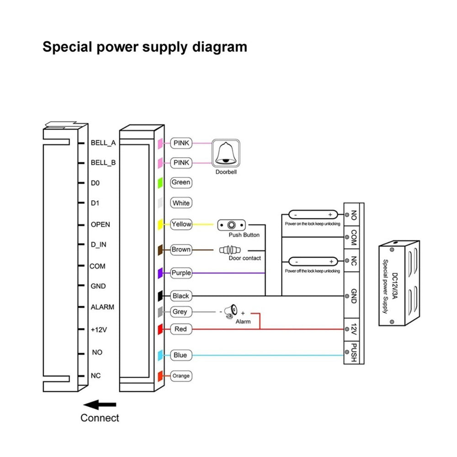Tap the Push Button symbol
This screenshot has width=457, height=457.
(232, 225)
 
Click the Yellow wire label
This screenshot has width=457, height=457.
(181, 224)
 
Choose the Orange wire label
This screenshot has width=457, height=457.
(181, 376)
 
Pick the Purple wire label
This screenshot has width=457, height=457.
(181, 273)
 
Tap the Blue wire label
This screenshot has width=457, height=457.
(180, 355)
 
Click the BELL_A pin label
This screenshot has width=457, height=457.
(103, 143)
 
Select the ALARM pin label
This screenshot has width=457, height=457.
(102, 307)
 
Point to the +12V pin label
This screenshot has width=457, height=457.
(99, 329)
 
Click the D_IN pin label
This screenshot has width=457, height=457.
(98, 245)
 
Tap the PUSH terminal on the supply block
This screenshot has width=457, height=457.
(354, 352)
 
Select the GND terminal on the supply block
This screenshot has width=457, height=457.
(354, 296)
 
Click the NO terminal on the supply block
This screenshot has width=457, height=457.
(354, 215)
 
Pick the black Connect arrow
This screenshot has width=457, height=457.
(100, 404)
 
